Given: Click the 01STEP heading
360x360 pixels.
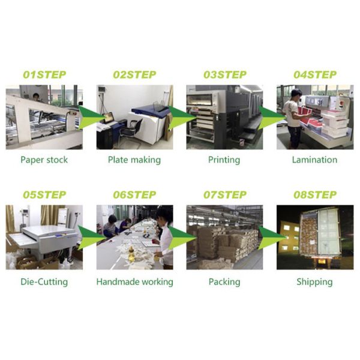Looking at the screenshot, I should click(x=44, y=75).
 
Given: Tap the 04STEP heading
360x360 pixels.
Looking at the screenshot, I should click(x=314, y=75).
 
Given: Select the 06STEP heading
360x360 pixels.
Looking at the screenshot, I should click(x=134, y=195).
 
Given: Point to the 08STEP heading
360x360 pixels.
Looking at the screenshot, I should click(x=314, y=195).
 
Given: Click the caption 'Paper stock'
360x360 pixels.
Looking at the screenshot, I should click(x=44, y=160).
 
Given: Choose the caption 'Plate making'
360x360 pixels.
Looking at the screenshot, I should click(x=134, y=160).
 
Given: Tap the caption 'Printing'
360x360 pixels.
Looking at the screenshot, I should click(x=224, y=160).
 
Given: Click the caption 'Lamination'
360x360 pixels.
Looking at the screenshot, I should click(x=314, y=160).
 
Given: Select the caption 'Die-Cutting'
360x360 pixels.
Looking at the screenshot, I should click(x=44, y=281).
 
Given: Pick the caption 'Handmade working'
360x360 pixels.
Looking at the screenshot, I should click(x=134, y=281).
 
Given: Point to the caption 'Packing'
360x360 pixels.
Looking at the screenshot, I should click(x=224, y=281).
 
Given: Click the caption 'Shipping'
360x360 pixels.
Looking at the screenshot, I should click(x=314, y=281).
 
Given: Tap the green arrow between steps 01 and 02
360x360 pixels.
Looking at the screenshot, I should click(x=89, y=118).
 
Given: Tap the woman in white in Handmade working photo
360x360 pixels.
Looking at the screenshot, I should click(x=164, y=237).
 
